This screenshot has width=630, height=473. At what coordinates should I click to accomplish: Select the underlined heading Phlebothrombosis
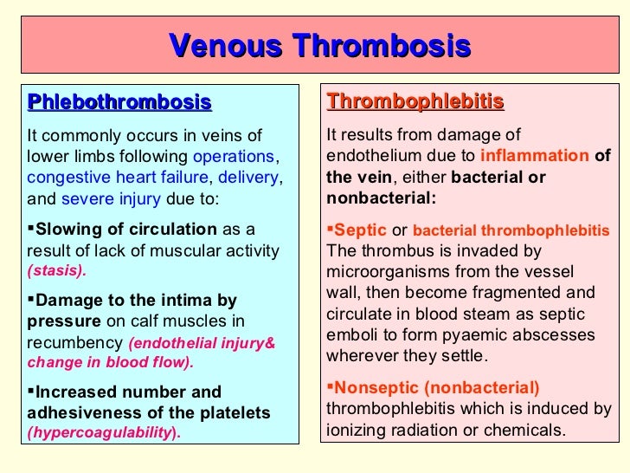click(x=119, y=103)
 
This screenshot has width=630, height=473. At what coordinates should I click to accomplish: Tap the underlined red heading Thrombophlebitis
click(x=415, y=102)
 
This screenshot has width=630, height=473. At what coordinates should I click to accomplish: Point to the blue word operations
click(x=233, y=157)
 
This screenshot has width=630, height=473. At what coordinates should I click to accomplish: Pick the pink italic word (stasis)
click(x=58, y=270)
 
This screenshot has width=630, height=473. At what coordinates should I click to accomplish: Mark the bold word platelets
click(x=229, y=412)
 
